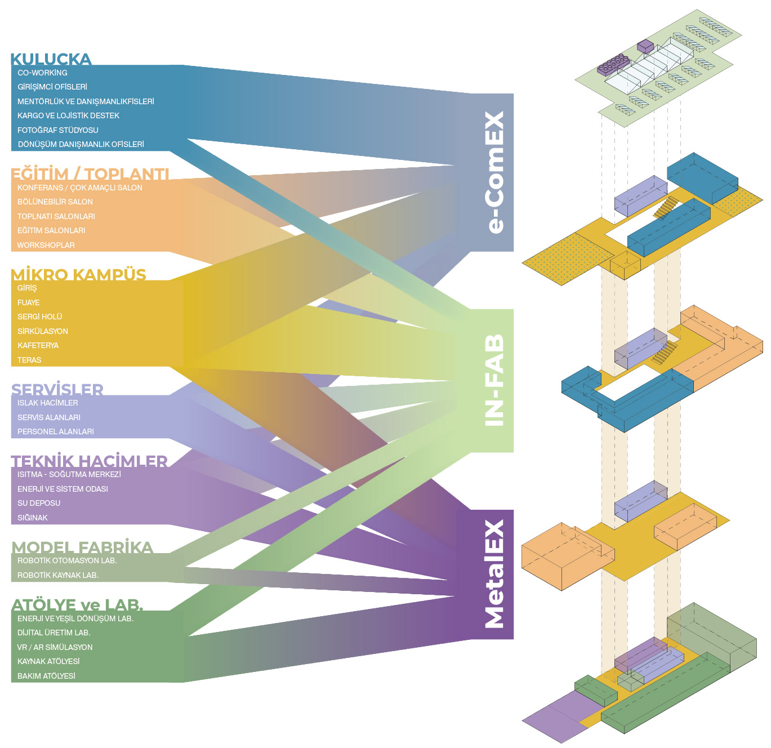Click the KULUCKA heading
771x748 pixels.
coord(51,59)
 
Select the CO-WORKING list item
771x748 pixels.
coord(42,73)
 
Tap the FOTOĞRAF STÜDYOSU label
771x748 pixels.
coord(58,130)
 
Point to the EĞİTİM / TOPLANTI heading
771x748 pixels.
coord(90,174)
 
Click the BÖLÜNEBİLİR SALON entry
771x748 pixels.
coord(55,202)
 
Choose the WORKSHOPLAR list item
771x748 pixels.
coord(46,245)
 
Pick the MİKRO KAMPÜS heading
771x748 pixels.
coord(78,274)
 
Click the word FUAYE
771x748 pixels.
coord(29,302)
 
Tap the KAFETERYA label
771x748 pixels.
coord(38,345)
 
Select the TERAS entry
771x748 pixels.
coord(29,360)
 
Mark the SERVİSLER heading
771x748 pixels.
coord(57,389)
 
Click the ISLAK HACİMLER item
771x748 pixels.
coord(47,403)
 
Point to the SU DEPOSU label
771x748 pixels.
coord(39,503)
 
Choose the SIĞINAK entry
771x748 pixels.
coord(33,518)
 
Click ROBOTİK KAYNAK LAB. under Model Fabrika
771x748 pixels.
coord(58,575)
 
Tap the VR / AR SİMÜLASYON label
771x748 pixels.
coord(55,647)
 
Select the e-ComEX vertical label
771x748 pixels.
coord(495,172)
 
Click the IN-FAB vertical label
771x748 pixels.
coord(495,380)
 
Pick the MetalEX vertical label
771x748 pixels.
coord(495,574)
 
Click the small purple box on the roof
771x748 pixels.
coord(645,46)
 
